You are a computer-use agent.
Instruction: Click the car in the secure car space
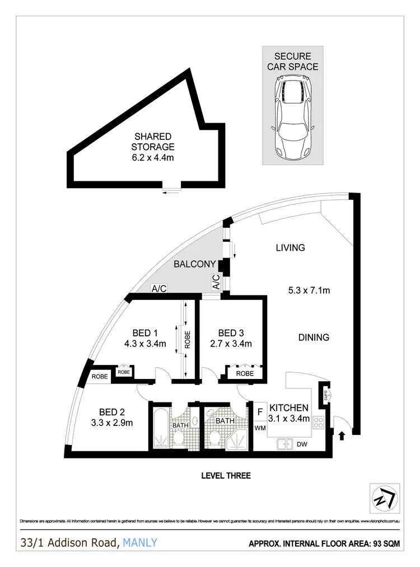pyautogui.click(x=293, y=118)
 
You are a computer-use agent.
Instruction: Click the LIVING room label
pyautogui.click(x=290, y=247)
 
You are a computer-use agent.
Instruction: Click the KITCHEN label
pyautogui.click(x=289, y=407)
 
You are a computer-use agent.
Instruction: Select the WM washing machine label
pyautogui.click(x=260, y=428)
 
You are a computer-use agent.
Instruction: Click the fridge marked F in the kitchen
pyautogui.click(x=260, y=412)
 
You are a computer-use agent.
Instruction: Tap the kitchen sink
pyautogui.click(x=285, y=444)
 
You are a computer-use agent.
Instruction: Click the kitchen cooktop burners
pyautogui.click(x=319, y=423)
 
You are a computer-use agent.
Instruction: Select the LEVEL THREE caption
pyautogui.click(x=226, y=476)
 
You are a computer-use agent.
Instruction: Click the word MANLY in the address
pyautogui.click(x=139, y=542)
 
